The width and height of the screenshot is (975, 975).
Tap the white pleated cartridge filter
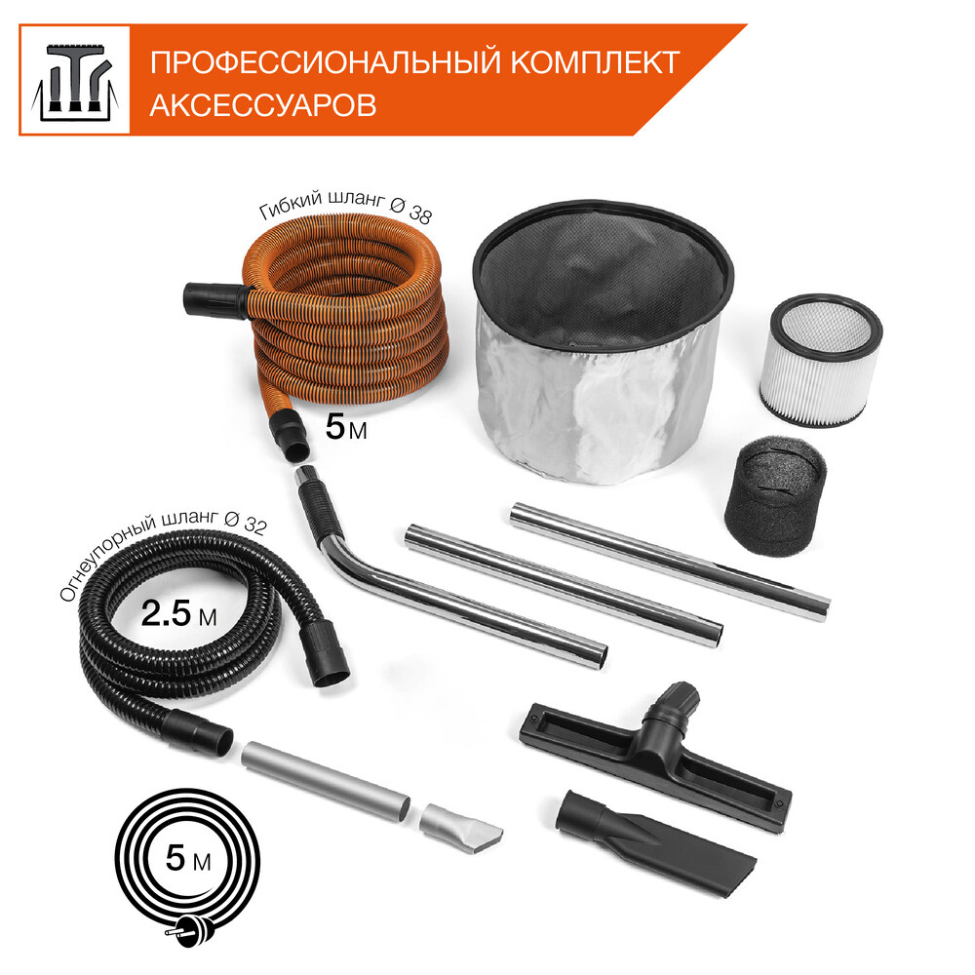(x=820, y=360)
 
